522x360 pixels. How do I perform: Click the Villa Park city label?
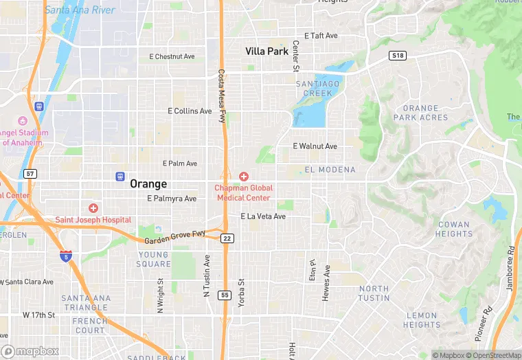coord(266,51)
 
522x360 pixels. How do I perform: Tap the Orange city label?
coord(148,183)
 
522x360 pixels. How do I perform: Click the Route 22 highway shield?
coord(228,238)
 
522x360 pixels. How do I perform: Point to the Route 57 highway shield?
coord(30,174)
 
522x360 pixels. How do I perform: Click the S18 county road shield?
coord(396,55)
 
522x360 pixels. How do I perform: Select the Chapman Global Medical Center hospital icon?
coord(243,177)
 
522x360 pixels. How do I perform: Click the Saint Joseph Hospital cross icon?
coord(93,208)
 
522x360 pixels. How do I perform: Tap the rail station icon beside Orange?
coord(120,177)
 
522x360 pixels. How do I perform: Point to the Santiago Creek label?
coord(317,88)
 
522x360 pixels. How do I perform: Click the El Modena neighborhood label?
coord(330,170)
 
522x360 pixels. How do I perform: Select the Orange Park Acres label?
coord(420,113)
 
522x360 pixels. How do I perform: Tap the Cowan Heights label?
coord(454,229)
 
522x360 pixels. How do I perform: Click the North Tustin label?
coord(374,293)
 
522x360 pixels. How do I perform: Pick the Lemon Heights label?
coord(422,320)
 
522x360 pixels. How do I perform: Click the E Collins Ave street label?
coord(190,111)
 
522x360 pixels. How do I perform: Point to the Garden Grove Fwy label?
coord(175,238)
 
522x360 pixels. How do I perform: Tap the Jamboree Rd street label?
coord(510,269)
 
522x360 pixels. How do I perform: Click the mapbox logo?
coord(30,352)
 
